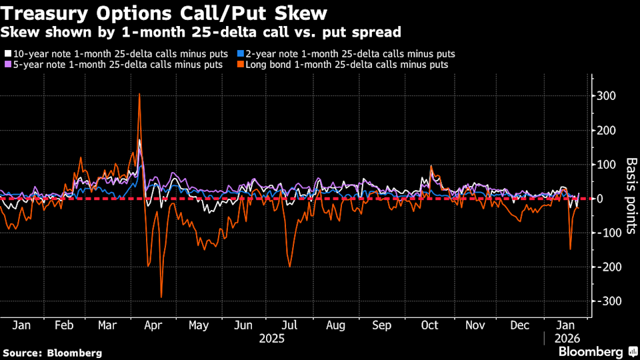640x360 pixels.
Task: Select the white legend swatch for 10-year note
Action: (7, 53)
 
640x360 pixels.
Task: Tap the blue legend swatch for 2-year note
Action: (239, 53)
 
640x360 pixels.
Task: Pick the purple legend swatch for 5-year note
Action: (7, 65)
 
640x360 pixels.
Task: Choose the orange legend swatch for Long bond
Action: (239, 65)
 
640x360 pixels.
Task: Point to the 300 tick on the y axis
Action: (606, 96)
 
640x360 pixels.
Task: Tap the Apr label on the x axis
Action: (153, 325)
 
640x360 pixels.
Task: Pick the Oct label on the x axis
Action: (429, 325)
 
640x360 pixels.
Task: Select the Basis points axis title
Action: (631, 197)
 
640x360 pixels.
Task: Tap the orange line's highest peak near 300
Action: (139, 94)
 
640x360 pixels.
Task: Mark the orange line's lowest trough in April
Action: (161, 297)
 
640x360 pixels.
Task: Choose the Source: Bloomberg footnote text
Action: (53, 352)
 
